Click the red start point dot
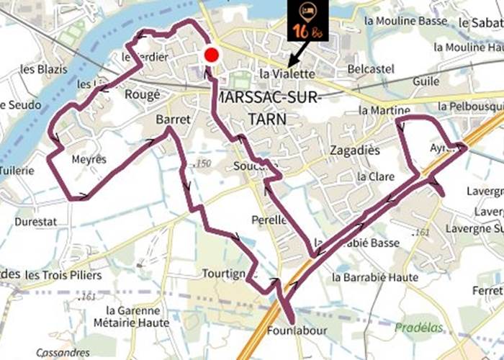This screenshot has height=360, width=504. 212,55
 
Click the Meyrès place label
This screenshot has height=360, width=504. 89,159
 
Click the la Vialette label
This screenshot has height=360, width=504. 287,74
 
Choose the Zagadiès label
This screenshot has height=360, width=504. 354,151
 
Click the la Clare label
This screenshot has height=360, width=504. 374,176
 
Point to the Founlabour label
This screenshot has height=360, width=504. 297,330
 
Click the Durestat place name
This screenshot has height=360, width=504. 35,222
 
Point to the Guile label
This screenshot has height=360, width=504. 426,82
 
